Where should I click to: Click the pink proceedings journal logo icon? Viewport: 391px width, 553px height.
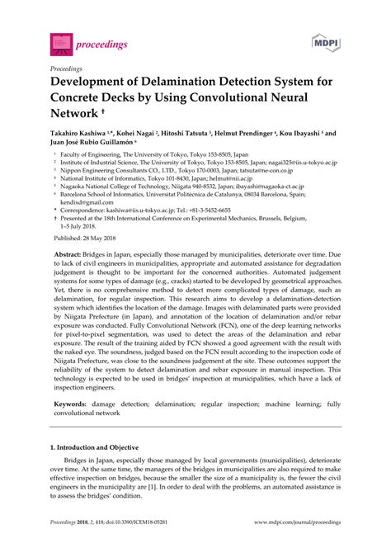pos(60,40)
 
